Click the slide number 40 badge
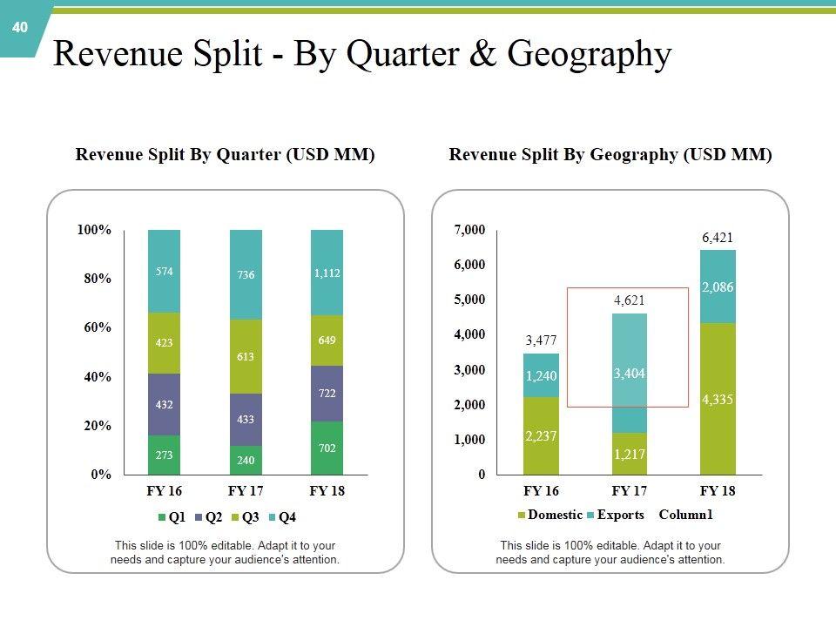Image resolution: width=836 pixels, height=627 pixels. click(x=20, y=28)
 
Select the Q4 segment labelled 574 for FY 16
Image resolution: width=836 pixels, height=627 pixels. click(x=164, y=272)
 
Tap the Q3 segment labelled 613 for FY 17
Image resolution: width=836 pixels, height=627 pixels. click(x=246, y=356)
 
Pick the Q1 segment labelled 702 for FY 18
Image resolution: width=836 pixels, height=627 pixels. click(x=327, y=448)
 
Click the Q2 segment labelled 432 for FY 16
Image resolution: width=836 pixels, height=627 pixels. click(x=164, y=405)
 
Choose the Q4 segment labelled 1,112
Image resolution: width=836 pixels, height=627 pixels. click(x=327, y=273)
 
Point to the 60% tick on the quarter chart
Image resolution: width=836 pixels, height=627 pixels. click(x=94, y=327)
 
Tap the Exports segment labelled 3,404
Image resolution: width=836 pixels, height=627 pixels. click(x=629, y=374)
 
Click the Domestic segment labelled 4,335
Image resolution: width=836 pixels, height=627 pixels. click(x=717, y=400)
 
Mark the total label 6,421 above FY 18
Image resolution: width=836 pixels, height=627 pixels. click(x=717, y=237)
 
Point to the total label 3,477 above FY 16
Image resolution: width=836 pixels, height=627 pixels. click(x=541, y=340)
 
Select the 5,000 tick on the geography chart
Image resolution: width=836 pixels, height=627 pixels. click(x=469, y=300)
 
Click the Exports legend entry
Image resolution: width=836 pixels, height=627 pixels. click(x=615, y=515)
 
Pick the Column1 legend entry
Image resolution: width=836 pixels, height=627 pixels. click(x=685, y=515)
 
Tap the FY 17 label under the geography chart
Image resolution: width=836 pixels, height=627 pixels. click(x=629, y=491)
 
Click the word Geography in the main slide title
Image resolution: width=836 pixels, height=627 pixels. click(x=590, y=54)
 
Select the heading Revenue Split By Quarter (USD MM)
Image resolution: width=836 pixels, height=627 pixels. click(x=225, y=155)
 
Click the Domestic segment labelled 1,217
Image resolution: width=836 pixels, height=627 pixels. click(x=629, y=454)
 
